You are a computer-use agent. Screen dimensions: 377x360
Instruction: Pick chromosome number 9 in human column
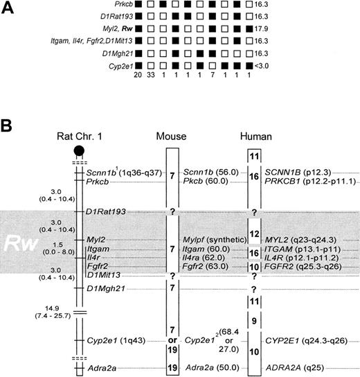(255, 320)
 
